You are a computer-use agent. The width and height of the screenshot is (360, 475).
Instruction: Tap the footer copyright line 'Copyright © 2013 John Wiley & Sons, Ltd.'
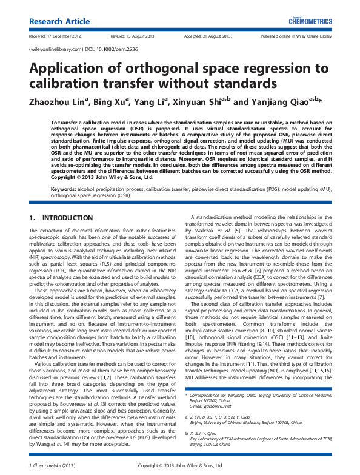(179, 465)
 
